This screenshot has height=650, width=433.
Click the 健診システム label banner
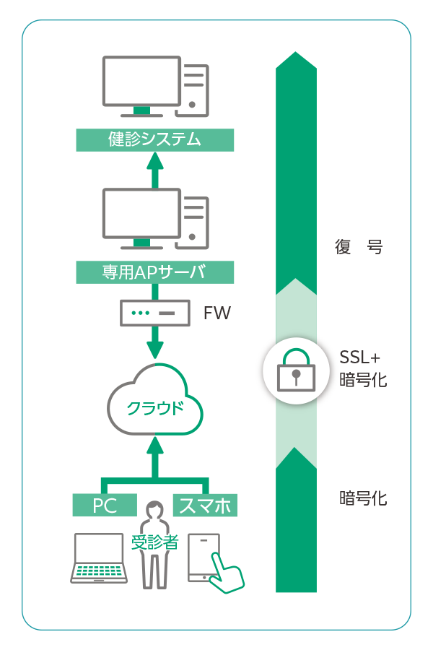[155, 140]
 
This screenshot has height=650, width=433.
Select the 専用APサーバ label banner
[155, 272]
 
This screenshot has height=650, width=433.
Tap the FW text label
[216, 313]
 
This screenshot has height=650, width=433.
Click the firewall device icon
[154, 313]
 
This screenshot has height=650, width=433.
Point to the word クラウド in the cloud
[154, 408]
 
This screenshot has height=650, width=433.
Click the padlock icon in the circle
[296, 370]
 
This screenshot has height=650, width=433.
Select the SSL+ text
[359, 357]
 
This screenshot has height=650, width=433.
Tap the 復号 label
[359, 247]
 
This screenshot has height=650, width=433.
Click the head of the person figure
[154, 511]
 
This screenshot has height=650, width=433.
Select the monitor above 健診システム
[141, 83]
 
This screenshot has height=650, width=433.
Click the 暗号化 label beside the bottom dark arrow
[363, 498]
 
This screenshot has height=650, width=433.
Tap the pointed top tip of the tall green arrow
[296, 54]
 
